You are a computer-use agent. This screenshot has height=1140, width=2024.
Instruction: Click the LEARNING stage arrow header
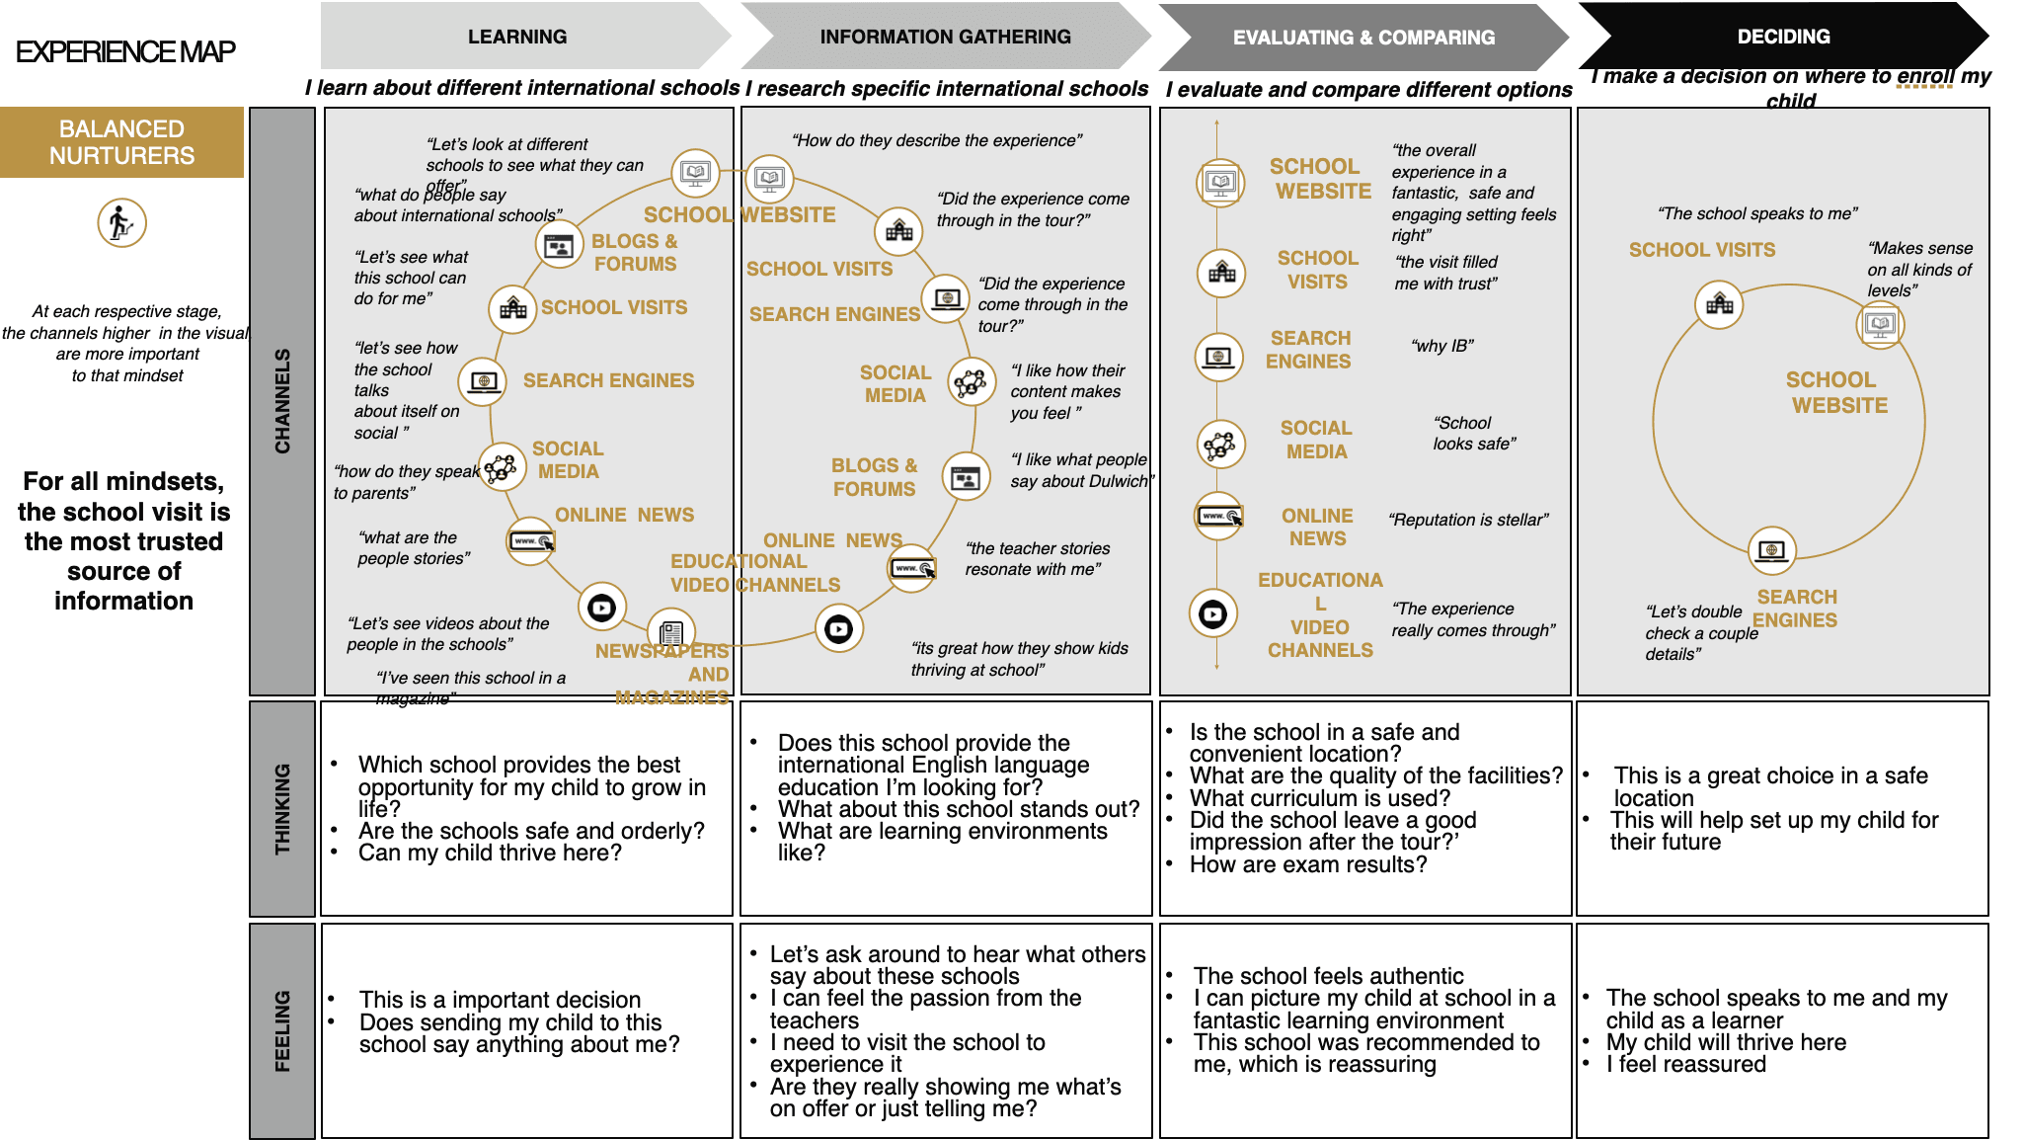pyautogui.click(x=517, y=37)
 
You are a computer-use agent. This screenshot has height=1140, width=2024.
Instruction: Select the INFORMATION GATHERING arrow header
pyautogui.click(x=945, y=37)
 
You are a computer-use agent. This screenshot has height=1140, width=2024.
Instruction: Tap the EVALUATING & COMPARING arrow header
pyautogui.click(x=1363, y=38)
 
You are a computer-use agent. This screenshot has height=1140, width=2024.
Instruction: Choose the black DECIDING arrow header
pyautogui.click(x=1783, y=37)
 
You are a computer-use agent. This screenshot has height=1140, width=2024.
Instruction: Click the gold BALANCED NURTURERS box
pyautogui.click(x=121, y=142)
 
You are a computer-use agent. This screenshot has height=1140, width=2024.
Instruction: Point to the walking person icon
pyautogui.click(x=121, y=222)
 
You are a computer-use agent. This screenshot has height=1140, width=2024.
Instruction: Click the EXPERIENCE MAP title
pyautogui.click(x=125, y=51)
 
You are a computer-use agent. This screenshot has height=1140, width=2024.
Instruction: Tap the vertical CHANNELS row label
pyautogui.click(x=282, y=400)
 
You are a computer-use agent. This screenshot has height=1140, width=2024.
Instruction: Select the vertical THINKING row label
pyautogui.click(x=282, y=808)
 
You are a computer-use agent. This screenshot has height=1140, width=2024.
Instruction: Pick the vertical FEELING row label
pyautogui.click(x=282, y=1030)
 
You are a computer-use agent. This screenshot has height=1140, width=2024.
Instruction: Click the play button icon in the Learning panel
pyautogui.click(x=601, y=608)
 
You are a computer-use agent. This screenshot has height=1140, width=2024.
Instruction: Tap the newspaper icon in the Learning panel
pyautogui.click(x=671, y=632)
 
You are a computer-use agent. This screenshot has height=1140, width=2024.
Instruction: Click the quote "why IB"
pyautogui.click(x=1442, y=346)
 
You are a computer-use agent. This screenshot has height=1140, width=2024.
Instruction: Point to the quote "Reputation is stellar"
pyautogui.click(x=1468, y=520)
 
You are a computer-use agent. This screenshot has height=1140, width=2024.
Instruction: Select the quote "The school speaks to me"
pyautogui.click(x=1757, y=213)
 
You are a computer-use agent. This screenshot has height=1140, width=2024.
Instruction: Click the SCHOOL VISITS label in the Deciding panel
pyautogui.click(x=1702, y=250)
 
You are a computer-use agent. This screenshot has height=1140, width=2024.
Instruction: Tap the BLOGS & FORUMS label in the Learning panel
pyautogui.click(x=635, y=253)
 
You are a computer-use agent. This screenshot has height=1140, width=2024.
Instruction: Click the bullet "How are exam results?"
pyautogui.click(x=1308, y=864)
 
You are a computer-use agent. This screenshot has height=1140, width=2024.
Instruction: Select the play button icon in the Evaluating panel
pyautogui.click(x=1212, y=614)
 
